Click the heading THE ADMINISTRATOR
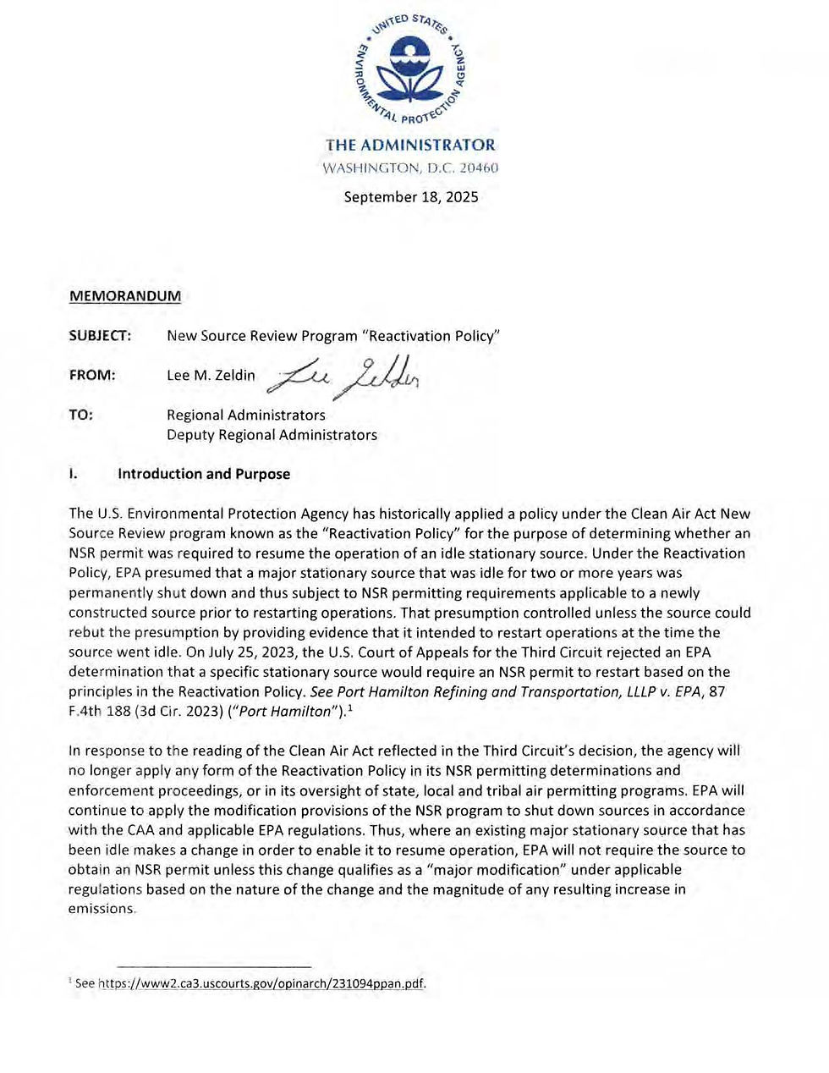pos(410,145)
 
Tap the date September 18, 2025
pos(410,197)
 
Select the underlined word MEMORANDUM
pos(124,295)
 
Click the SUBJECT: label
pos(100,336)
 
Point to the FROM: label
pos(92,375)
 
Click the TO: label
pos(81,415)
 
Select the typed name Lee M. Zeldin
pos(211,375)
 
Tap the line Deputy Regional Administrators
pos(272,435)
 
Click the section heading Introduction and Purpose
pos(204,474)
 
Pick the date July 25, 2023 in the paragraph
pos(225,652)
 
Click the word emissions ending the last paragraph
pos(101,909)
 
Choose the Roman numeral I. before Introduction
pos(74,474)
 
